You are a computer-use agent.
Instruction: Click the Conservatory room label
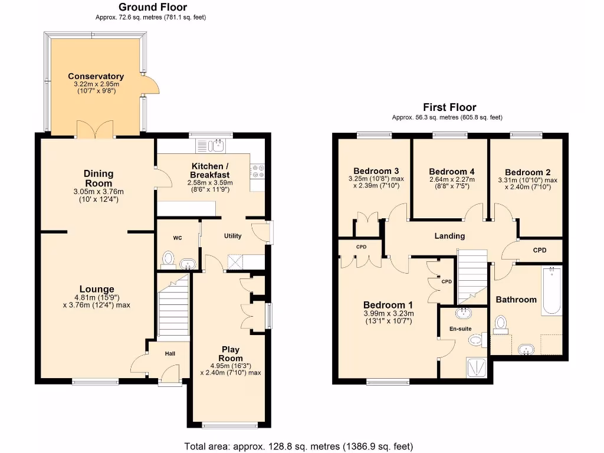point(96,76)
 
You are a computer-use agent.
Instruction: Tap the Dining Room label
point(98,178)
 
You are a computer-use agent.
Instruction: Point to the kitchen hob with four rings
point(258,171)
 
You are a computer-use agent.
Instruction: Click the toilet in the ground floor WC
point(168,258)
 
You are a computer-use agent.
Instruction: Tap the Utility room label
point(232,236)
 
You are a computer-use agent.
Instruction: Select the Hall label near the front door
point(170,353)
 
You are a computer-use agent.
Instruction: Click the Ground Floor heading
point(153,7)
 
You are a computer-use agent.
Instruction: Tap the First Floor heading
point(449,107)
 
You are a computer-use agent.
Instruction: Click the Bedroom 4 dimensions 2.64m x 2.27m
point(451,179)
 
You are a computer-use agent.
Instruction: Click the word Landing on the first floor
point(449,236)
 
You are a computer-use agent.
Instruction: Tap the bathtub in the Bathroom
point(552,291)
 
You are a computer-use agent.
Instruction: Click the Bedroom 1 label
point(389,305)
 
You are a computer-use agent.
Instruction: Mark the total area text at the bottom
point(298,446)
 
